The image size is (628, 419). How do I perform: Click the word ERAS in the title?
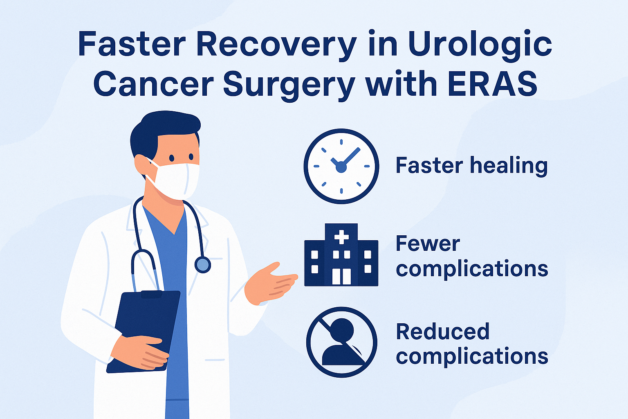(x=492, y=83)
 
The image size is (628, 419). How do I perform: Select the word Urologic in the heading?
(x=479, y=44)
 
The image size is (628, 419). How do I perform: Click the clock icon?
(x=341, y=166)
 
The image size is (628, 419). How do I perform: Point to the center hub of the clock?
(x=341, y=167)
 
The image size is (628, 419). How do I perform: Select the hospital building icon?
(x=341, y=255)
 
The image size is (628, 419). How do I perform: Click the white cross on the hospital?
(x=341, y=237)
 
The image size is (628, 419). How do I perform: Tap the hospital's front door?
(x=341, y=277)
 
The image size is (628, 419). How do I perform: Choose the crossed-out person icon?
(x=341, y=342)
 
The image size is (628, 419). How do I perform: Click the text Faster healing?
(x=471, y=166)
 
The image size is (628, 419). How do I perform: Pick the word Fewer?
(x=428, y=243)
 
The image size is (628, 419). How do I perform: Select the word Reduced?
(x=443, y=331)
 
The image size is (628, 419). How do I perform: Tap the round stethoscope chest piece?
(x=203, y=264)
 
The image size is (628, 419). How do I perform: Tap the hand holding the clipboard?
(x=143, y=351)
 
